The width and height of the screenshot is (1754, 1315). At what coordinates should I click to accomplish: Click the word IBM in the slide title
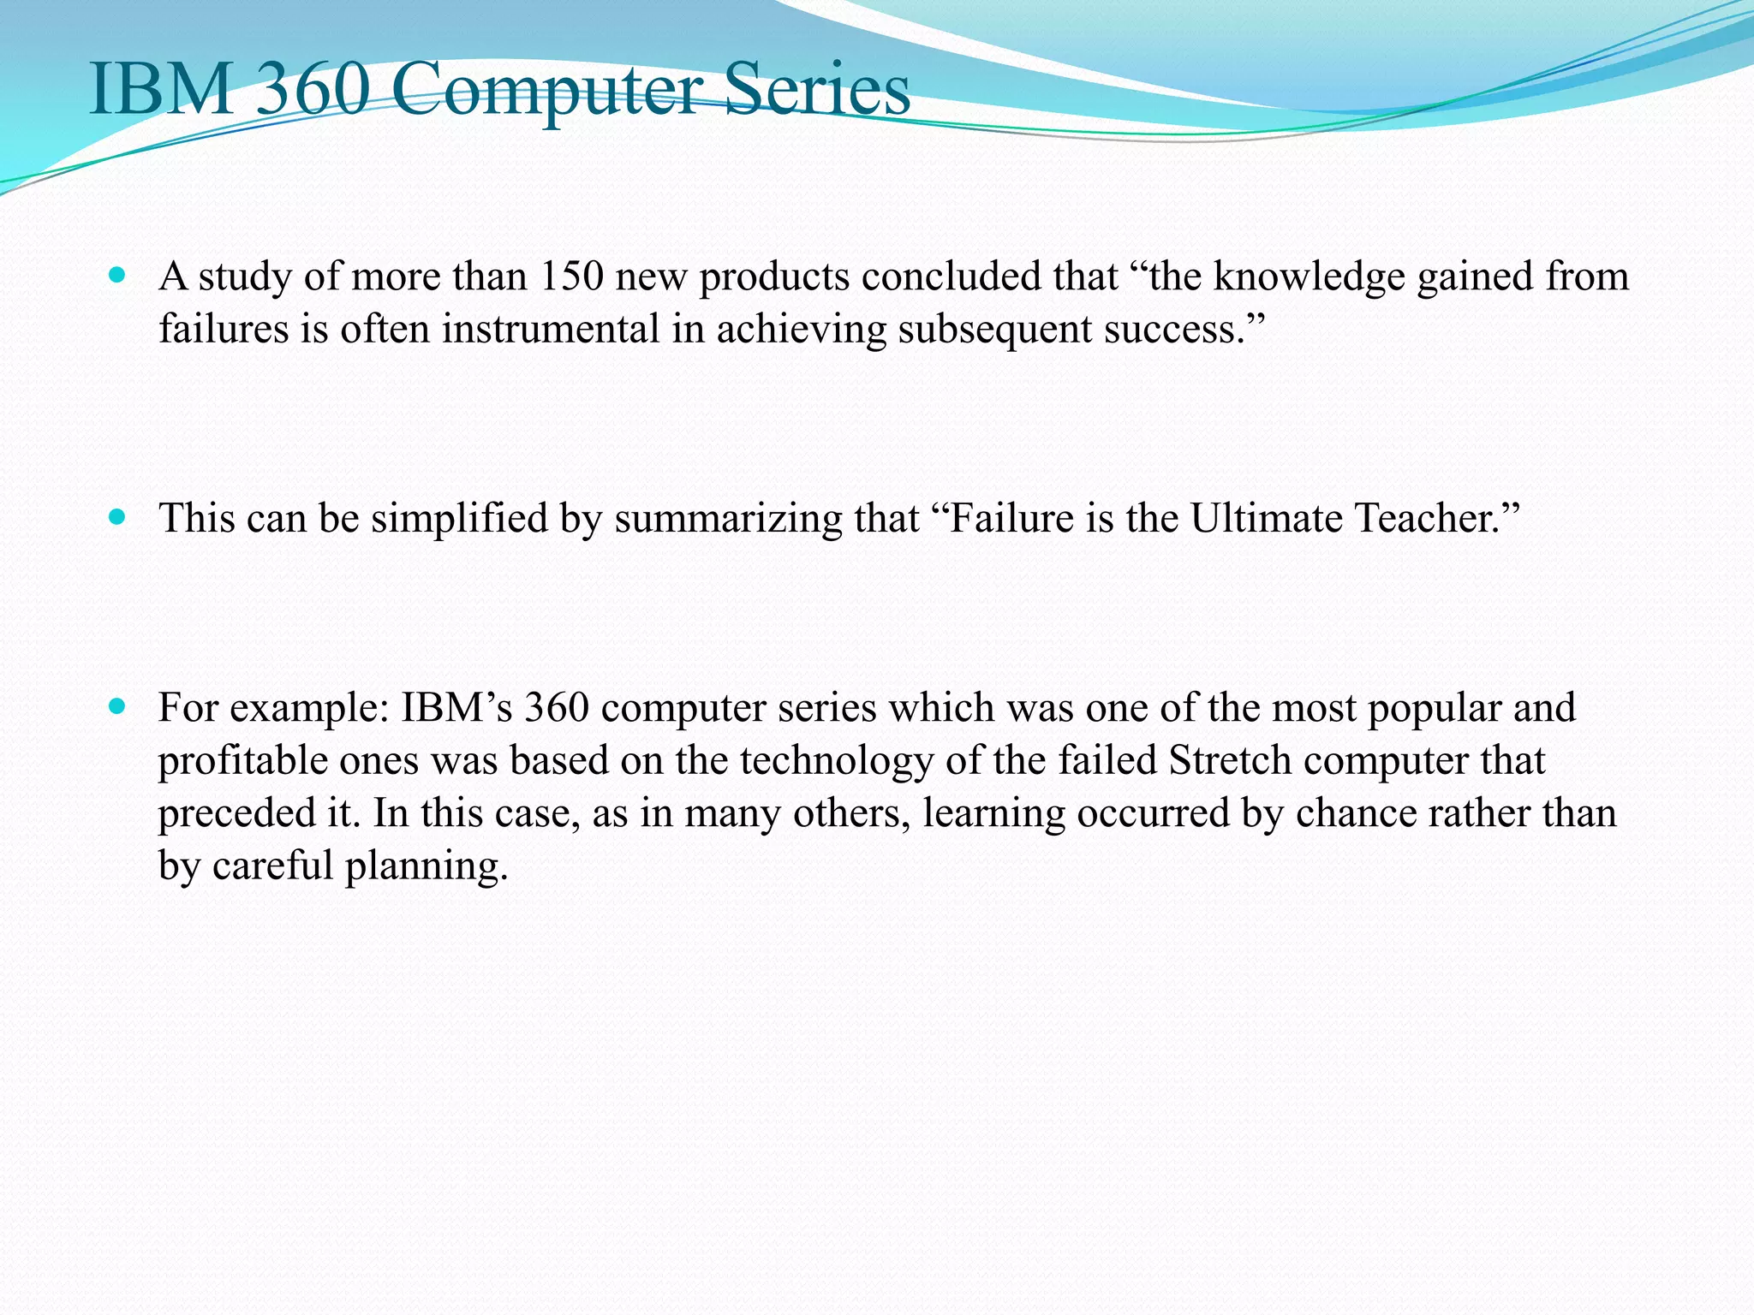pyautogui.click(x=162, y=90)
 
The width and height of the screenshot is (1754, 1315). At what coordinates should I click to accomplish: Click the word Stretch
pyautogui.click(x=1230, y=760)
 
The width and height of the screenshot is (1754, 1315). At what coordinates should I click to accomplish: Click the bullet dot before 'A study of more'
pyautogui.click(x=118, y=276)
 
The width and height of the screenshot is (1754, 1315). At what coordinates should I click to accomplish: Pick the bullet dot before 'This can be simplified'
pyautogui.click(x=118, y=517)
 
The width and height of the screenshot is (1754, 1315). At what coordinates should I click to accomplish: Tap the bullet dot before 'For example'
pyautogui.click(x=118, y=707)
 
